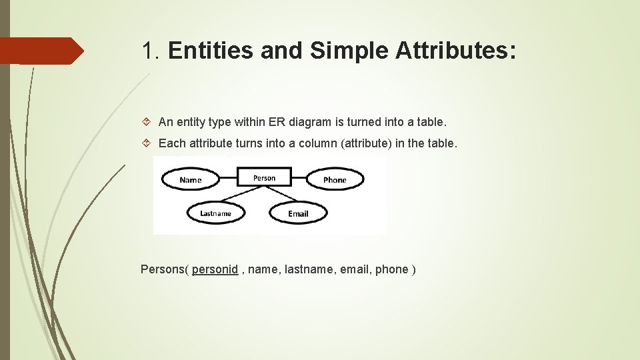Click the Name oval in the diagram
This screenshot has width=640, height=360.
(191, 179)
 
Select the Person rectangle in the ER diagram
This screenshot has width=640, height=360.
(265, 178)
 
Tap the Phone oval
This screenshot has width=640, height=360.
(335, 179)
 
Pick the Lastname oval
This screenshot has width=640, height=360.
(216, 213)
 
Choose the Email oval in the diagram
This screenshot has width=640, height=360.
(298, 213)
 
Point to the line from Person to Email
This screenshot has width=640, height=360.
(279, 195)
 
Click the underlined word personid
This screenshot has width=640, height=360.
(215, 269)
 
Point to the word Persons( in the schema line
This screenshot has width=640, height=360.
(165, 269)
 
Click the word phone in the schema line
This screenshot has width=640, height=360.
(391, 269)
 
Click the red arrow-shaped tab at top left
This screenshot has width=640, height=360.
(41, 51)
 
